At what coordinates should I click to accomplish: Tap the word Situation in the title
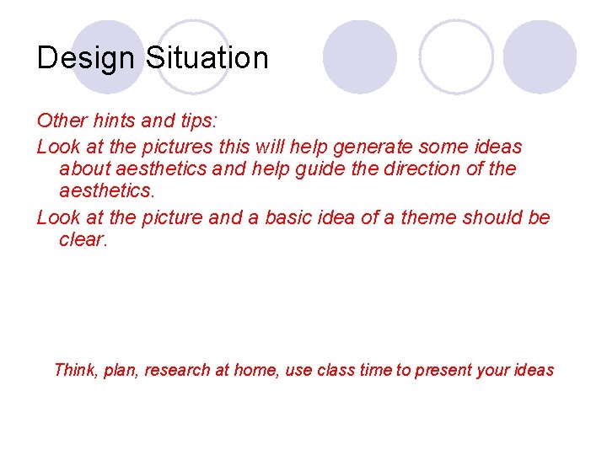click(207, 58)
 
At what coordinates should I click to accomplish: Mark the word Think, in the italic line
click(76, 370)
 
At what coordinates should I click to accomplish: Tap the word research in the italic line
click(179, 370)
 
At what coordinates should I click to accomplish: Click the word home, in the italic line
click(255, 370)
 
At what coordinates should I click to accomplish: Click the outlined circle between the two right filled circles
click(456, 56)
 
